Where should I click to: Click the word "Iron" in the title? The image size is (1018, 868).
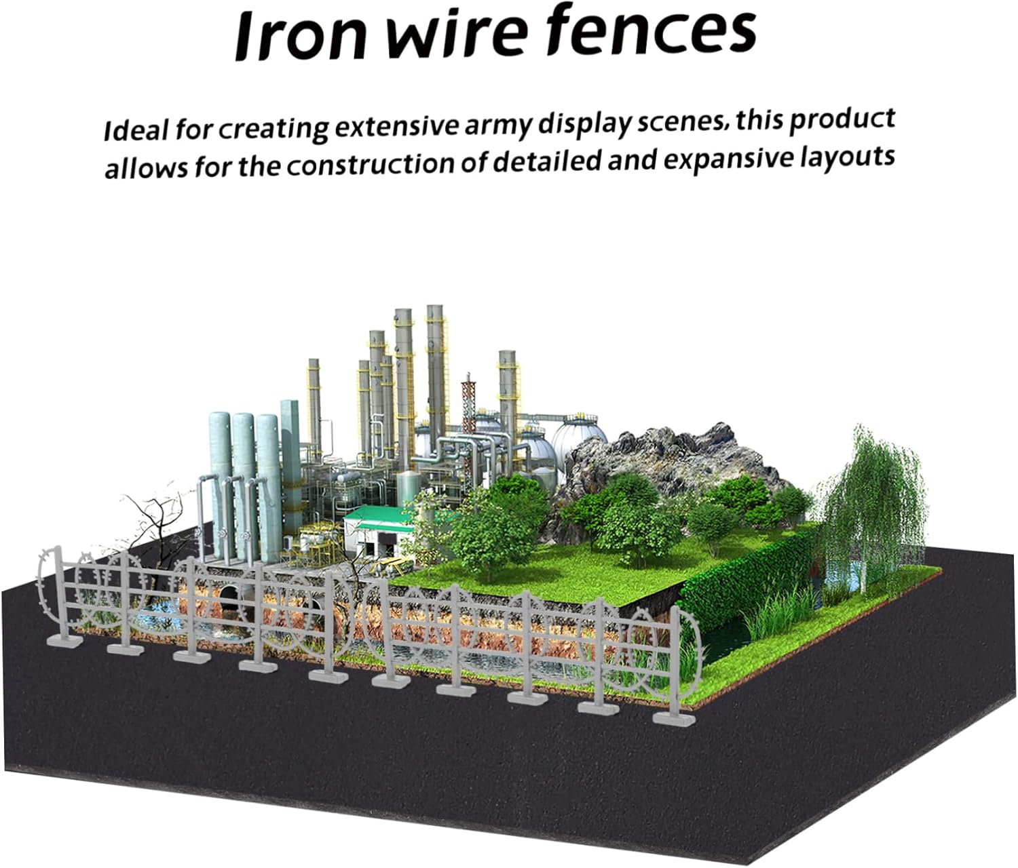(301, 35)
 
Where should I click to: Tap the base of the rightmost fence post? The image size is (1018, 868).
(674, 719)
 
